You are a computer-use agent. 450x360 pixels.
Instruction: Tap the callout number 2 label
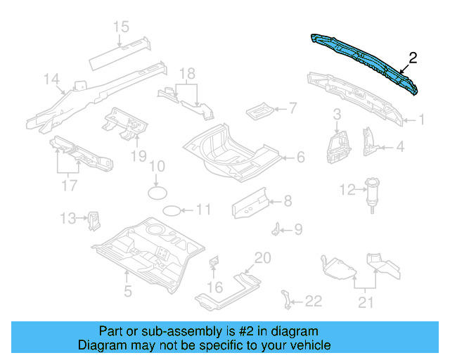click(413, 58)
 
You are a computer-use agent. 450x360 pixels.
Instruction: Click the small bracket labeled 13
click(92, 219)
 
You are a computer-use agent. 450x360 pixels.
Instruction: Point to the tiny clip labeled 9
click(278, 229)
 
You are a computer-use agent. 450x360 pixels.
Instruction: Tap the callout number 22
click(314, 302)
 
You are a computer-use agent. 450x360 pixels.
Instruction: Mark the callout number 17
click(68, 186)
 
